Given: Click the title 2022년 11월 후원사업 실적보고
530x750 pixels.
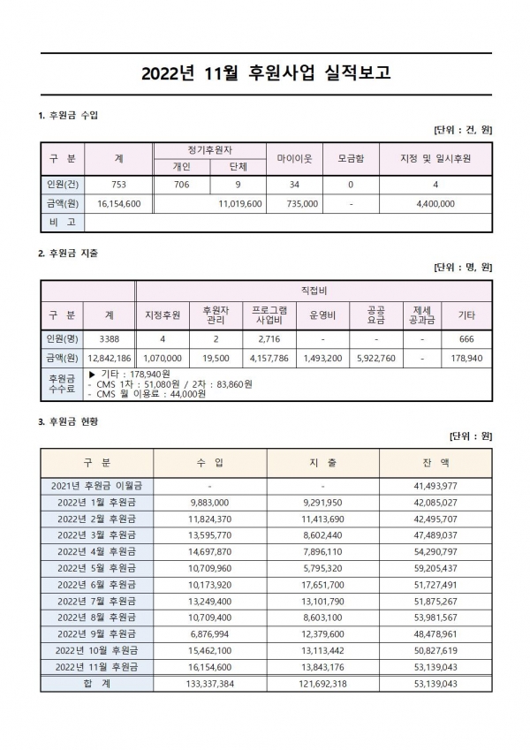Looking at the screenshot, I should coord(265,73).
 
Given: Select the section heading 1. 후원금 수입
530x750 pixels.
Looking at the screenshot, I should coord(69,116).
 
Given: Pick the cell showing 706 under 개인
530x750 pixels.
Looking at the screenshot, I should coord(181,185).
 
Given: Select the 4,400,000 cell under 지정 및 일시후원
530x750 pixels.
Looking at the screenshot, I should coord(435,203).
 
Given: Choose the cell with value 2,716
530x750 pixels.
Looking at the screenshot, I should coord(269,338).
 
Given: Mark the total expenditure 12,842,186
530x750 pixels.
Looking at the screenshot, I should coord(110,359).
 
